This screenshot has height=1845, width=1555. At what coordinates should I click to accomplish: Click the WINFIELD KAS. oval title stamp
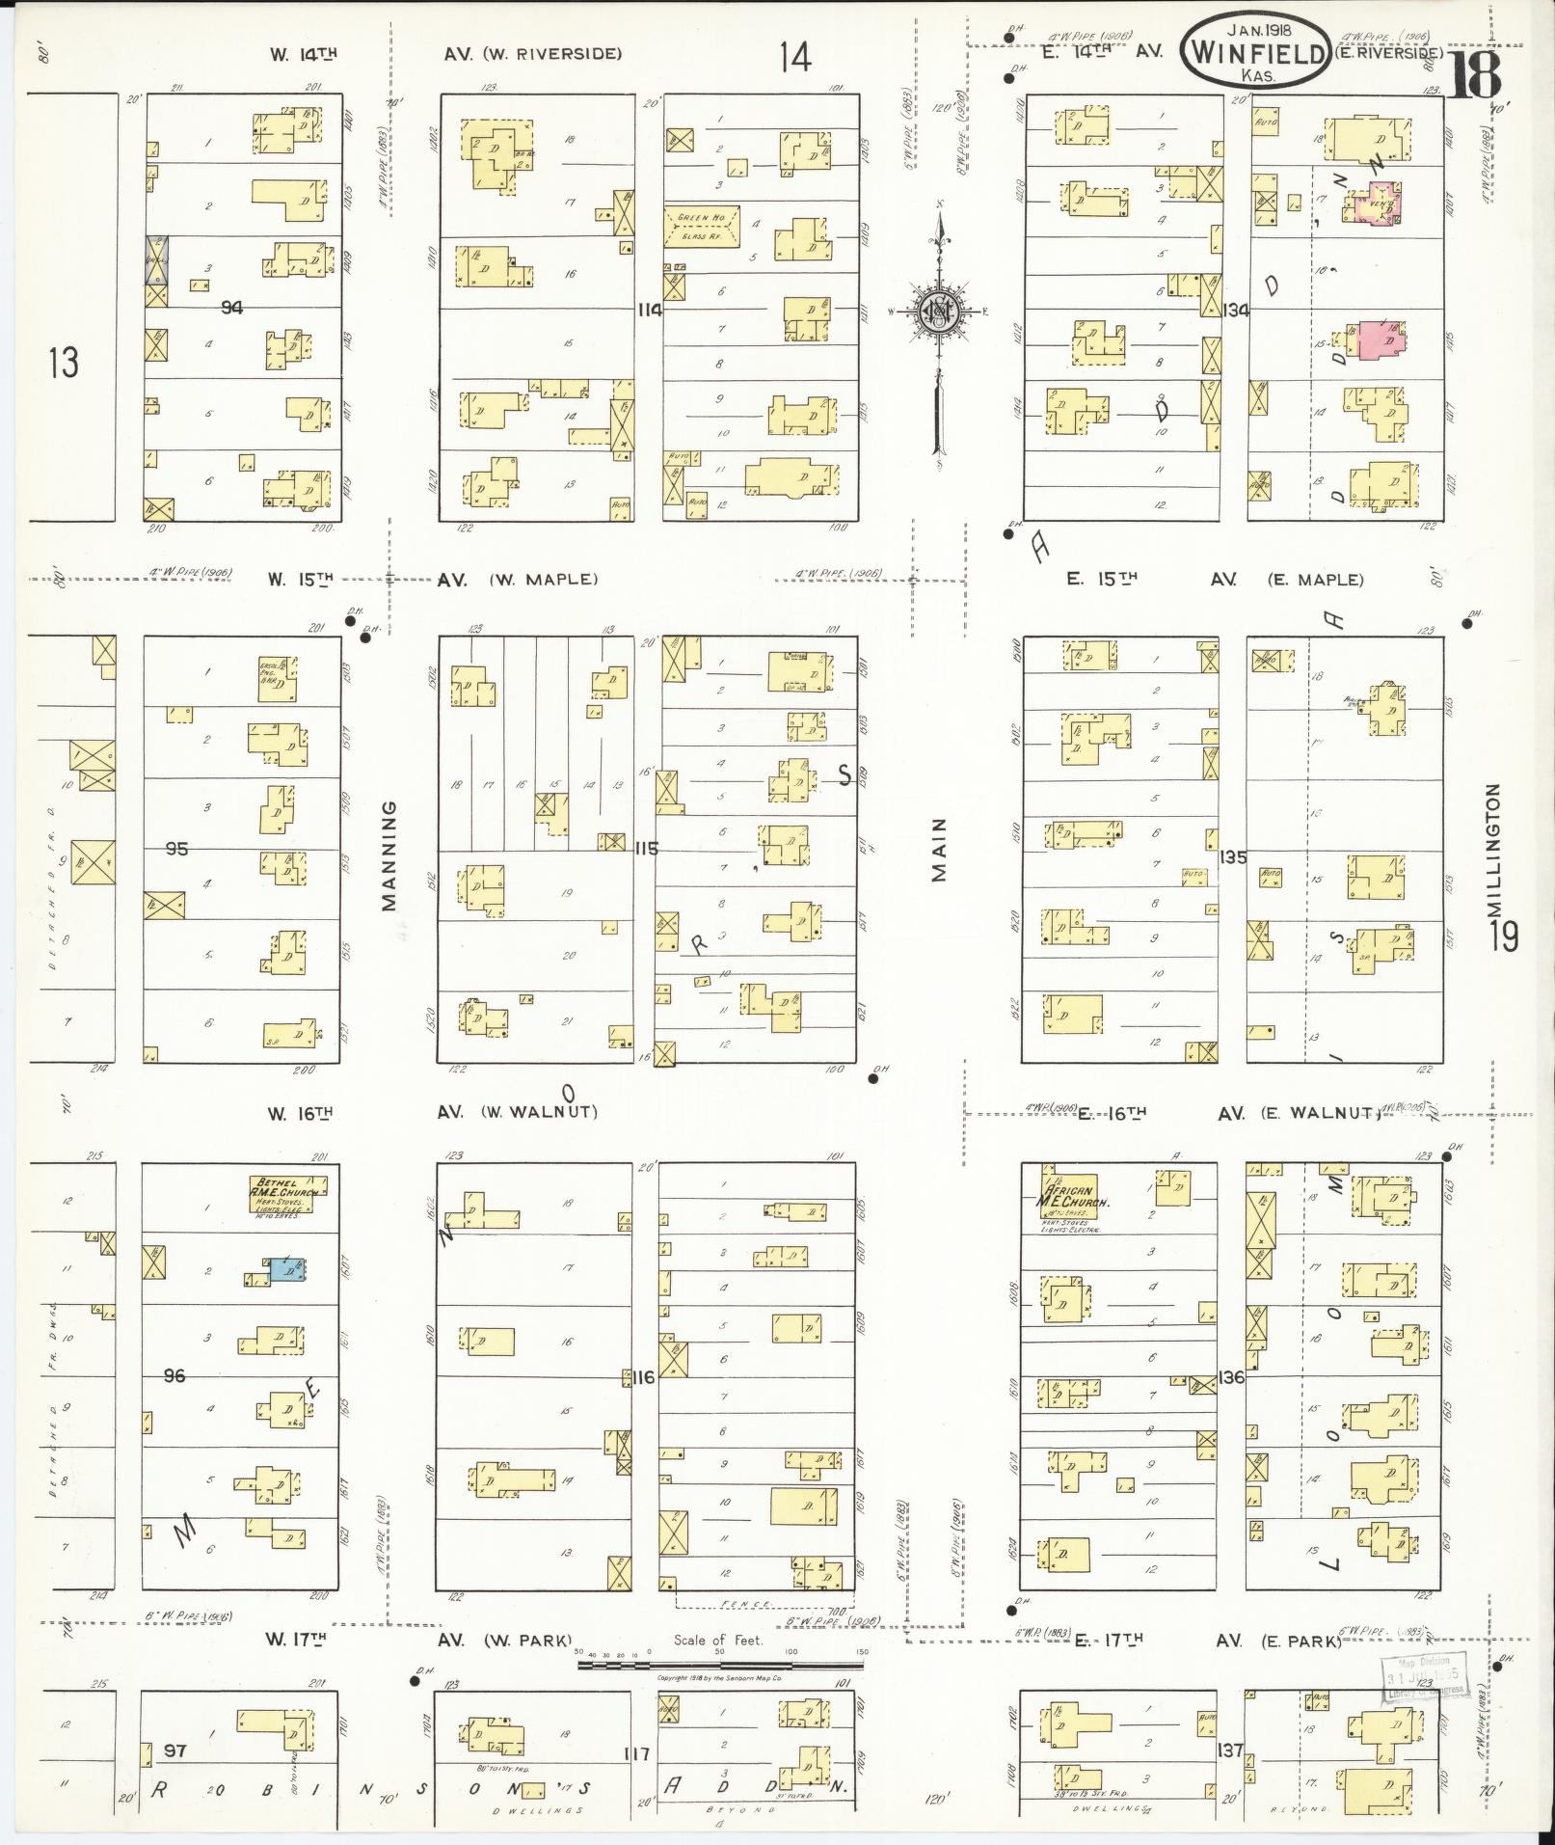click(1254, 53)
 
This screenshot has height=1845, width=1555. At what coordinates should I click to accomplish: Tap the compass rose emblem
click(935, 311)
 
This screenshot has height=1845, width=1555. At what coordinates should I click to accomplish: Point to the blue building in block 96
click(286, 1269)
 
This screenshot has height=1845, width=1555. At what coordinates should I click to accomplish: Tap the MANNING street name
click(389, 855)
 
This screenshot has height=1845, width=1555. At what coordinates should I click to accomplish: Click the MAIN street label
click(939, 850)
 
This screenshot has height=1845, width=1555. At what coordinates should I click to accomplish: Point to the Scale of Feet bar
click(721, 1664)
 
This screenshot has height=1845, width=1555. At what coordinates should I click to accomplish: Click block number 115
click(646, 849)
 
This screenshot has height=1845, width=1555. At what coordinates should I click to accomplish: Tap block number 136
click(1231, 1377)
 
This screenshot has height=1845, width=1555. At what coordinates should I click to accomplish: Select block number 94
click(230, 308)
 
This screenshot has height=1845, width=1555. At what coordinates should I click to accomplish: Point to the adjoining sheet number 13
click(64, 363)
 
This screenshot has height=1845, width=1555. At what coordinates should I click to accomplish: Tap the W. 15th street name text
click(300, 580)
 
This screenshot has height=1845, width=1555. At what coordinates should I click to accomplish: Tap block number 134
click(1236, 310)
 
